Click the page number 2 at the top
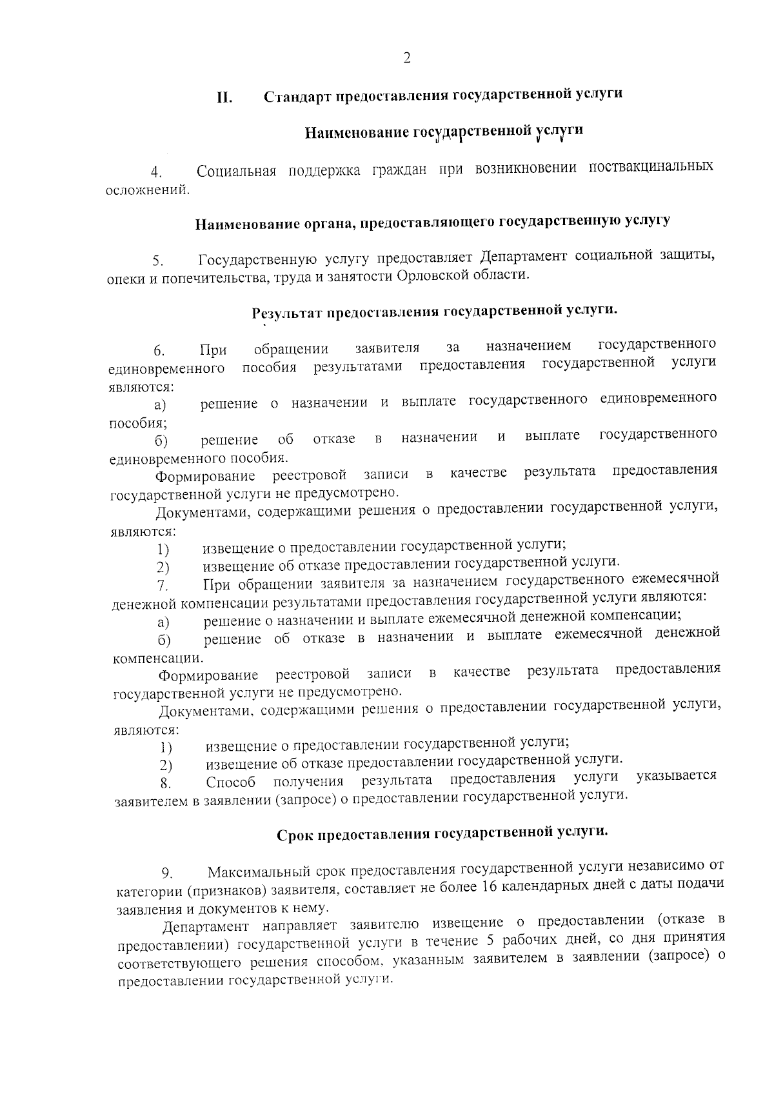[407, 58]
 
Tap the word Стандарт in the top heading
[295, 96]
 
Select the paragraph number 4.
[155, 173]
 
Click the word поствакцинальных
[651, 167]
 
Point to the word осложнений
[148, 190]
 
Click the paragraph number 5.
[157, 261]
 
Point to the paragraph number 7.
[162, 586]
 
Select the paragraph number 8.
[165, 784]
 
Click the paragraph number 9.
[167, 875]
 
